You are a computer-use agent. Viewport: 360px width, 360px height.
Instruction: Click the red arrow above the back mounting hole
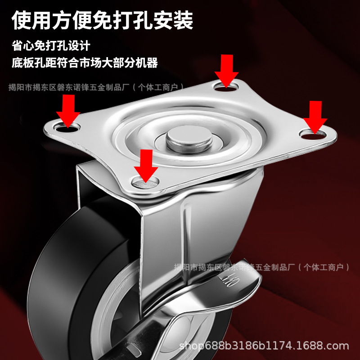[x=227, y=70]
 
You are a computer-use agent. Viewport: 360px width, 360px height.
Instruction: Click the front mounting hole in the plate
[x=146, y=181]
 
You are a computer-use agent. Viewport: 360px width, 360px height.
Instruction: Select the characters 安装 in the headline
[x=175, y=20]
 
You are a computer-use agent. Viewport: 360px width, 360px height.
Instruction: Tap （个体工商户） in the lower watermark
[x=324, y=267]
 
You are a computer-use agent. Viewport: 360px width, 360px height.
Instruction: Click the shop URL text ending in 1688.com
[x=264, y=346]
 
